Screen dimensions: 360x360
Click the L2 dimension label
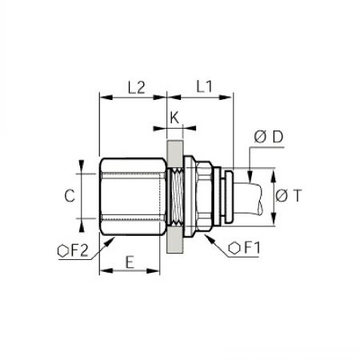[137, 87]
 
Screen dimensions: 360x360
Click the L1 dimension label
[204, 86]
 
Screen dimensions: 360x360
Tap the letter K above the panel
[174, 118]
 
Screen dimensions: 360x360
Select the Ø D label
[269, 137]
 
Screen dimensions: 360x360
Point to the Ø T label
[289, 195]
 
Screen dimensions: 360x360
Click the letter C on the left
[70, 196]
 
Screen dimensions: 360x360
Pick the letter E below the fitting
[130, 262]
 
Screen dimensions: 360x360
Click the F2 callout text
[79, 251]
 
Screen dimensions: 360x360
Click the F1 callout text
[252, 248]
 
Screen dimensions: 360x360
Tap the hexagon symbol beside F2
[63, 251]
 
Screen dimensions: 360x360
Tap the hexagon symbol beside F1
[234, 248]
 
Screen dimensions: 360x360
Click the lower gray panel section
[175, 240]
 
